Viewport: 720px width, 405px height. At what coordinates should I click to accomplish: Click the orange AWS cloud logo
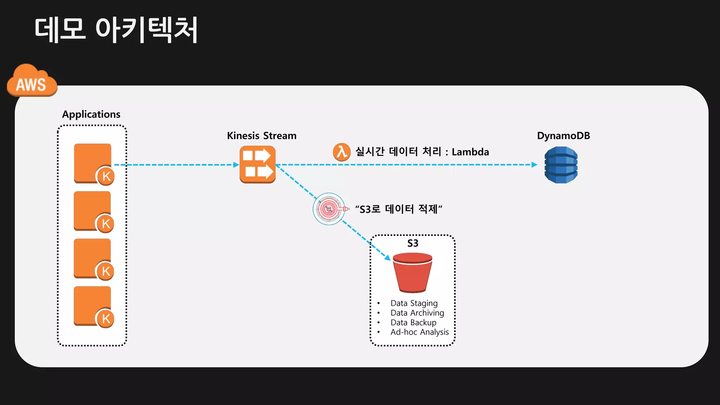pos(32,81)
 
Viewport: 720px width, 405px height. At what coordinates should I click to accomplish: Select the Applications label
pos(91,114)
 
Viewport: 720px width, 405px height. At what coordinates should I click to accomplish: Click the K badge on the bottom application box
pos(106,319)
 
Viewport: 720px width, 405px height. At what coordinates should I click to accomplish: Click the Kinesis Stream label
pos(262,136)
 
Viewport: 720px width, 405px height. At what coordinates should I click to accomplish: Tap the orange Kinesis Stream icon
pos(257,165)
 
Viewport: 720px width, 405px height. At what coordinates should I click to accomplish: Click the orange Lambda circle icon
pos(341,152)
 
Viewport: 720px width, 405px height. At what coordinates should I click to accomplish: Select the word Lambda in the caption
pos(470,152)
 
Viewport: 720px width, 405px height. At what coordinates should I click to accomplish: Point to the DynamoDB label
pos(563,136)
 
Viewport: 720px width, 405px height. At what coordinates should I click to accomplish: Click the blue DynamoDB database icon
pos(561,165)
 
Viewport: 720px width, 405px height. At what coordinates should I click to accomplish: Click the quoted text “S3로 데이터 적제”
pos(399,209)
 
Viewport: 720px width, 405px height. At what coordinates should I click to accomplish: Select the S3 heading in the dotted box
pos(413,243)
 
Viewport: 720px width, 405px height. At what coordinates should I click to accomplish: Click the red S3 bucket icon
pos(412,273)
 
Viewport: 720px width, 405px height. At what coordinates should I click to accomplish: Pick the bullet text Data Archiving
pos(417,313)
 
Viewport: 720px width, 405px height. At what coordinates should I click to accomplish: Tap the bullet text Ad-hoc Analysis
pos(419,332)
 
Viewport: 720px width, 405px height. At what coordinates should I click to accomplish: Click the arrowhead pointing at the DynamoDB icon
pos(534,165)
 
